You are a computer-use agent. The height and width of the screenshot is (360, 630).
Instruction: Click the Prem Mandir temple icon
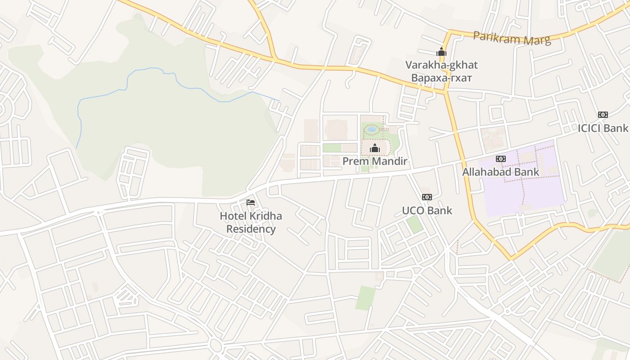(x=374, y=148)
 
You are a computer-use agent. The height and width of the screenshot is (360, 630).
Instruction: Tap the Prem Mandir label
(x=375, y=161)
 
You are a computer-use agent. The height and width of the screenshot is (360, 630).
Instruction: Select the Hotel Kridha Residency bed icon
(x=251, y=203)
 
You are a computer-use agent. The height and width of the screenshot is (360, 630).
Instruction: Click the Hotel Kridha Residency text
(x=251, y=222)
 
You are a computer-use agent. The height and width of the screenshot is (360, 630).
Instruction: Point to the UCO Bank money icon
(x=427, y=197)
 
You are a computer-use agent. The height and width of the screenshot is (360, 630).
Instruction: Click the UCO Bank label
(x=427, y=210)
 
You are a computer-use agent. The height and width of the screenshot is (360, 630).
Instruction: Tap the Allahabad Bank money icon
(x=500, y=159)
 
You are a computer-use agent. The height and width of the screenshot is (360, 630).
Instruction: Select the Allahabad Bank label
(x=500, y=172)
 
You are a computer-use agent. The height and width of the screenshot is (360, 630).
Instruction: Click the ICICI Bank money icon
(x=603, y=115)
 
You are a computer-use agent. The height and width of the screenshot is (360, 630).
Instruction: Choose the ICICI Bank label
(x=603, y=128)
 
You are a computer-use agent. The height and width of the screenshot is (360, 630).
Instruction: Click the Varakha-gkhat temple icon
(x=441, y=52)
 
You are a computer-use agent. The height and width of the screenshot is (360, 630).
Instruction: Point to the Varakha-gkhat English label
(x=441, y=65)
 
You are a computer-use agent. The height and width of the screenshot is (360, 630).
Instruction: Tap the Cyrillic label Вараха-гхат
(x=441, y=77)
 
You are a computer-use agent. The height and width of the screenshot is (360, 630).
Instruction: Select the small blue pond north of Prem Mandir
(x=372, y=130)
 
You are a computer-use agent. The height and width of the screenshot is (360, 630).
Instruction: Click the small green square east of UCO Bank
(x=414, y=225)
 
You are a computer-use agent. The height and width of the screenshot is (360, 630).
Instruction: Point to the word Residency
(x=251, y=229)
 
